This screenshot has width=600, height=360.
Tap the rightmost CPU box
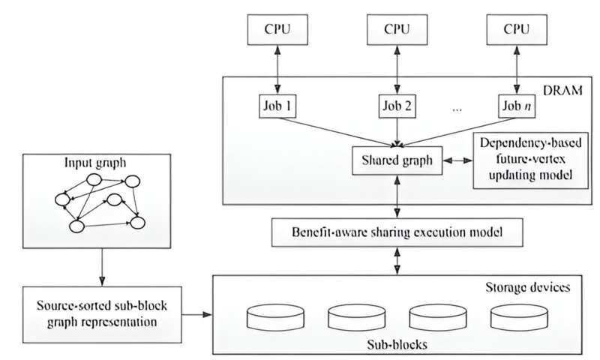515,30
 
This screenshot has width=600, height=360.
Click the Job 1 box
272,106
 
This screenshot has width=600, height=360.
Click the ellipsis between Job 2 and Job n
458,108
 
